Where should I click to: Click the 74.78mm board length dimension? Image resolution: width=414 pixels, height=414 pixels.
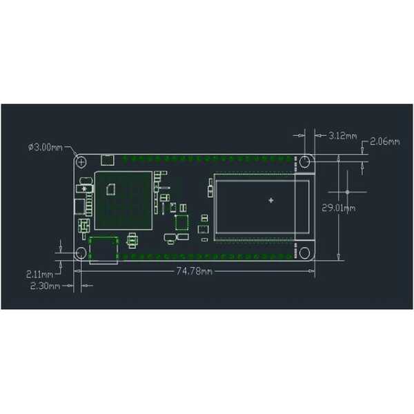click(x=195, y=271)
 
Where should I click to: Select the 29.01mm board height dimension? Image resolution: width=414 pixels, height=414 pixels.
click(x=339, y=208)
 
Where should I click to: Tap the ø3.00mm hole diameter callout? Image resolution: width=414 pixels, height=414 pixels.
click(x=46, y=147)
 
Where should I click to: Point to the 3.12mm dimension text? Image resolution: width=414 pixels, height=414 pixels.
click(x=343, y=136)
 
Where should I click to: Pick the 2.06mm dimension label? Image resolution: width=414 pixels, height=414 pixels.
click(x=385, y=141)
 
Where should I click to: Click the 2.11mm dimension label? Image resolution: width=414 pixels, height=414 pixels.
click(x=39, y=275)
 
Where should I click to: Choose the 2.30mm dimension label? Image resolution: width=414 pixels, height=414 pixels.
click(x=45, y=286)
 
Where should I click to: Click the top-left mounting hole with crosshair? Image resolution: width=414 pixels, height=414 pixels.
click(x=81, y=161)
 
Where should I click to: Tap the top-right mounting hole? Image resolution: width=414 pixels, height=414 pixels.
click(x=305, y=161)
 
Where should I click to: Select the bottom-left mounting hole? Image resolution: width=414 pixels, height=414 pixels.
click(x=81, y=253)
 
